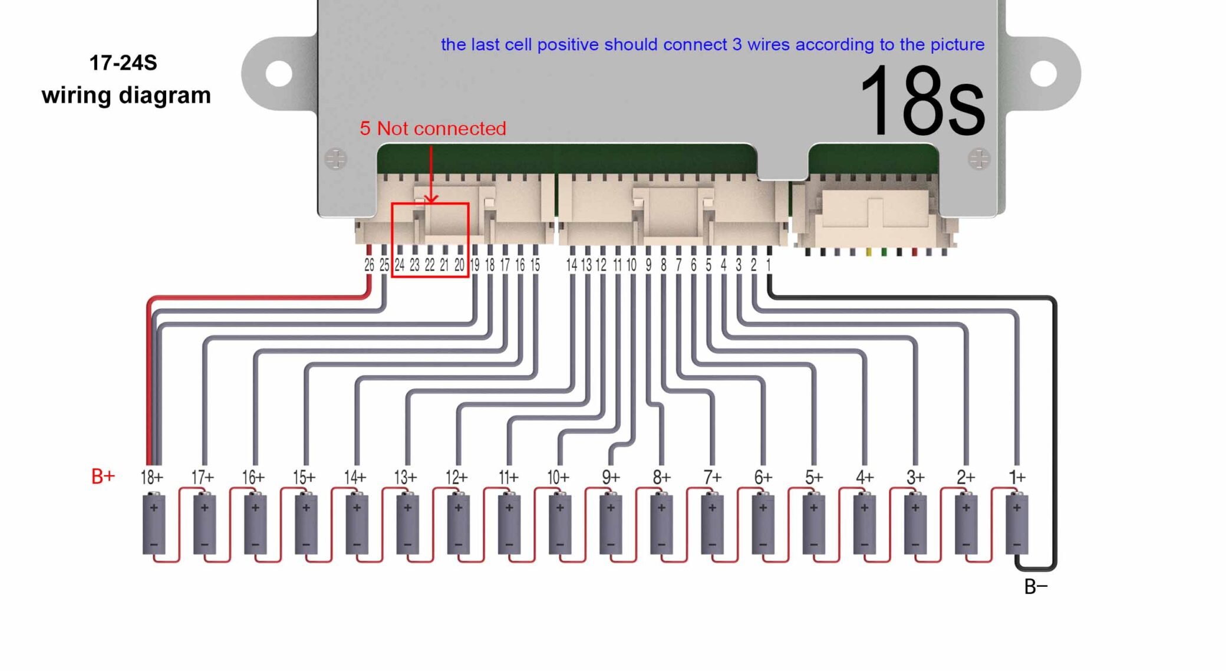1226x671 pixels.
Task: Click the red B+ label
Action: click(x=103, y=476)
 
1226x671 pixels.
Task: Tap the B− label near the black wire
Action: click(x=1036, y=587)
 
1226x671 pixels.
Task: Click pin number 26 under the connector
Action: click(x=369, y=265)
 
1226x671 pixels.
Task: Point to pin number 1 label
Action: click(x=769, y=265)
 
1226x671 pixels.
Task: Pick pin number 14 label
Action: click(x=571, y=265)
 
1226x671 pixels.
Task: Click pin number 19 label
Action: click(x=474, y=265)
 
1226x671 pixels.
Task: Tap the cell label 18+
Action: click(x=151, y=477)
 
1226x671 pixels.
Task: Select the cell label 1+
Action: click(x=1017, y=477)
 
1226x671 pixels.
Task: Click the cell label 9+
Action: click(x=611, y=477)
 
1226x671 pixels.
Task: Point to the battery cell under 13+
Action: click(x=407, y=525)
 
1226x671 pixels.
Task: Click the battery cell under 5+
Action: click(x=814, y=525)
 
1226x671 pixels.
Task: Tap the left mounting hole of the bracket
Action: click(x=279, y=74)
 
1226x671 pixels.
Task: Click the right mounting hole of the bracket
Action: click(x=1043, y=74)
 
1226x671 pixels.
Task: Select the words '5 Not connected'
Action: click(x=433, y=129)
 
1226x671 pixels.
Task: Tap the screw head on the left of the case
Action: click(x=336, y=159)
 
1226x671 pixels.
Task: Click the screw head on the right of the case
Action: click(x=979, y=159)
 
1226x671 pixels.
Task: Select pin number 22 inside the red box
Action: click(x=430, y=265)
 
